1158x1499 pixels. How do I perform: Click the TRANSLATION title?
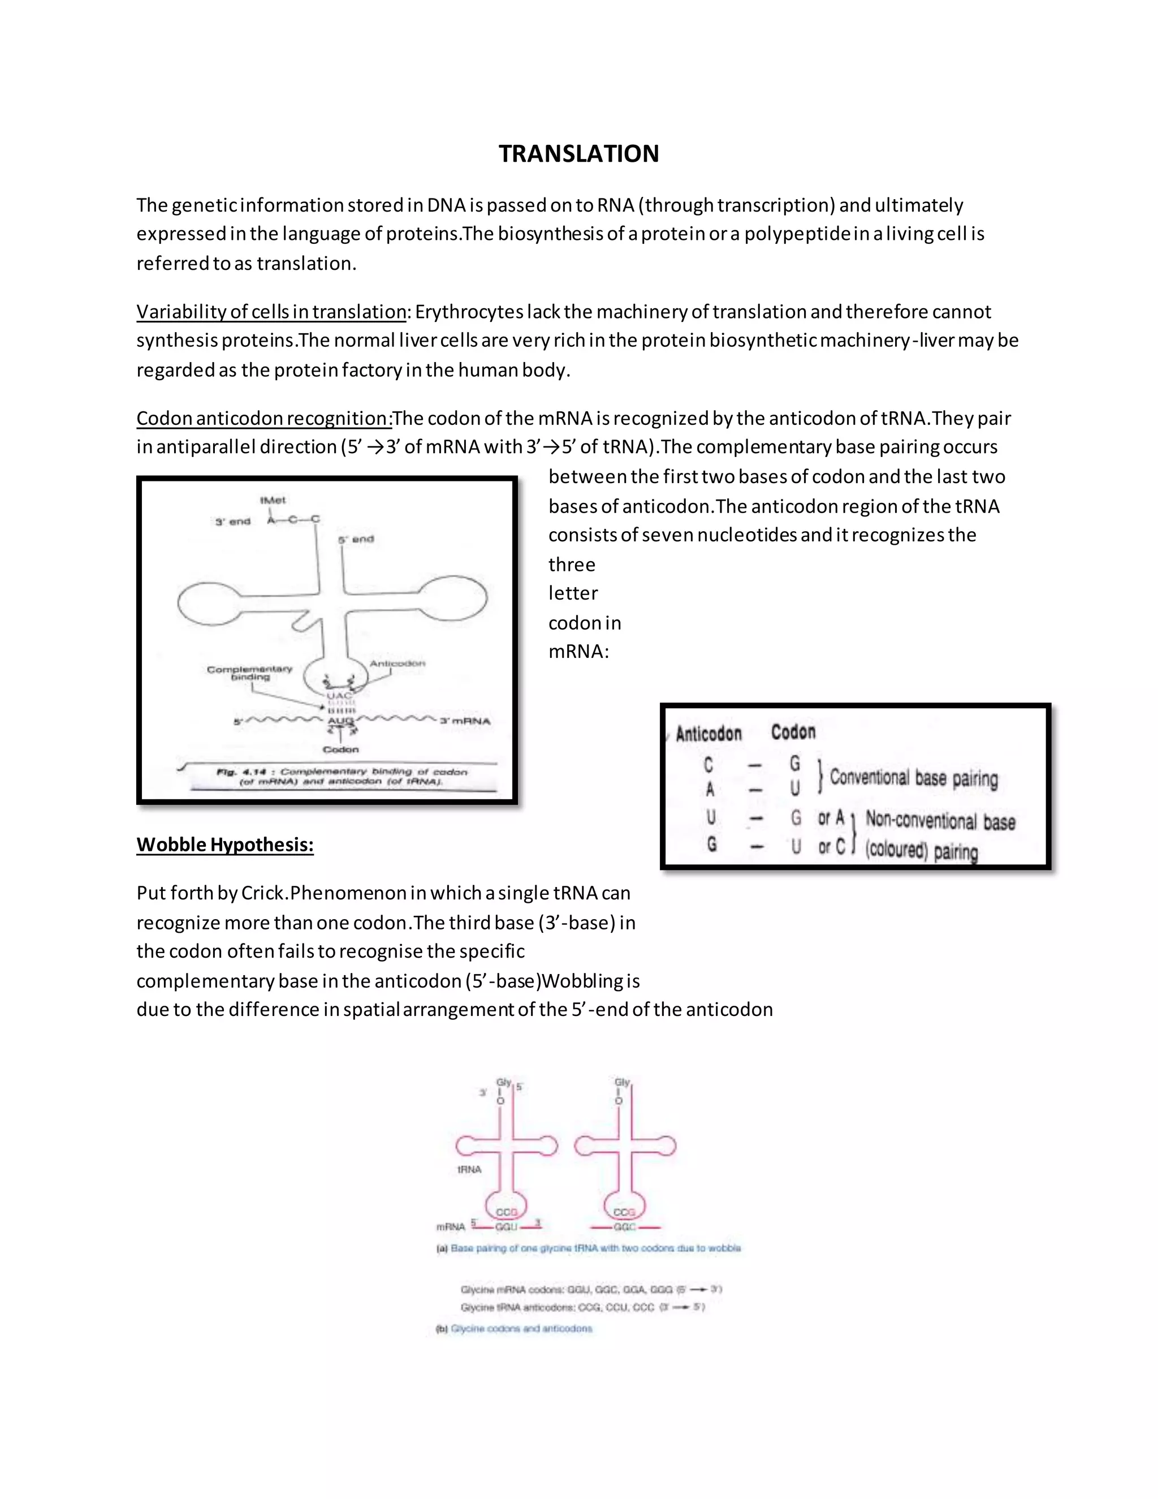[x=578, y=154]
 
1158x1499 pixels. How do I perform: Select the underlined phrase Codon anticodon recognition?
[x=263, y=418]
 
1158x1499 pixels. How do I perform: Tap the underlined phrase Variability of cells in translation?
[x=271, y=312]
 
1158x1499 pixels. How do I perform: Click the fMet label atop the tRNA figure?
[x=273, y=501]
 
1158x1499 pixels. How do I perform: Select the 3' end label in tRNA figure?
[x=234, y=522]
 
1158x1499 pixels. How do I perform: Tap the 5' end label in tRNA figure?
[x=356, y=540]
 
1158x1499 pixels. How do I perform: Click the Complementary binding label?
[x=250, y=673]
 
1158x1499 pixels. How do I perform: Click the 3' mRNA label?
[x=465, y=721]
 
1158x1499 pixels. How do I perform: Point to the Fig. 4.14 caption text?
[x=341, y=776]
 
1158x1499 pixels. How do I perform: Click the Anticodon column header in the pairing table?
[x=708, y=734]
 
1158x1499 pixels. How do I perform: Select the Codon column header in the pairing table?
[x=793, y=731]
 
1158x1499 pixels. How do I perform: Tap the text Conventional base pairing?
[x=914, y=778]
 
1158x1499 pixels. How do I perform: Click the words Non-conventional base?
[x=940, y=820]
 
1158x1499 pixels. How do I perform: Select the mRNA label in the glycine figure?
[x=451, y=1226]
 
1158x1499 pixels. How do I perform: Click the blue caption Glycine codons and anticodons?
[x=521, y=1328]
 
